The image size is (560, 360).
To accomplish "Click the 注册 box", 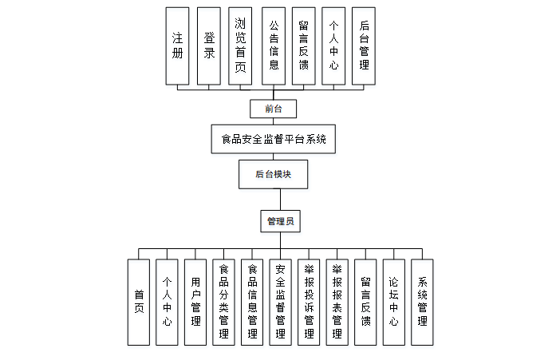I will pyautogui.click(x=177, y=45).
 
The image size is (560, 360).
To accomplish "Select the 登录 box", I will pyautogui.click(x=208, y=45).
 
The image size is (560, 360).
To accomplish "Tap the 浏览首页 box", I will pyautogui.click(x=240, y=45).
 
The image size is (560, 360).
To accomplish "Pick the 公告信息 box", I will pyautogui.click(x=273, y=45).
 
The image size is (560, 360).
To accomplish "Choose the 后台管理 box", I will pyautogui.click(x=364, y=45).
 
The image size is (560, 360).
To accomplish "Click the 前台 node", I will pyautogui.click(x=273, y=107).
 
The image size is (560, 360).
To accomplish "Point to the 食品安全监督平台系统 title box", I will pyautogui.click(x=274, y=139).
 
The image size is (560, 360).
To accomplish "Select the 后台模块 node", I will pyautogui.click(x=273, y=173).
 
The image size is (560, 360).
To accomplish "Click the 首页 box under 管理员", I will pyautogui.click(x=139, y=302).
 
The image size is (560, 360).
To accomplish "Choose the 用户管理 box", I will pyautogui.click(x=195, y=302).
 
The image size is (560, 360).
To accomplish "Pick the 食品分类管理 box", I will pyautogui.click(x=223, y=302).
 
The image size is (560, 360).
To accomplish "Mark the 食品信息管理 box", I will pyautogui.click(x=252, y=302).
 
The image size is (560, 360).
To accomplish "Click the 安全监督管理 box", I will pyautogui.click(x=280, y=302).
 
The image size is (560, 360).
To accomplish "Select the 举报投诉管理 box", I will pyautogui.click(x=309, y=302).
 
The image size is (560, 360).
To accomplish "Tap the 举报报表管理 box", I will pyautogui.click(x=337, y=302).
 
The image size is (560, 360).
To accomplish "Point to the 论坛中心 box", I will pyautogui.click(x=393, y=302).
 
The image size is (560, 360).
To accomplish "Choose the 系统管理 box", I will pyautogui.click(x=422, y=302).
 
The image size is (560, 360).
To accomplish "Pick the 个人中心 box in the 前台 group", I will pyautogui.click(x=333, y=45).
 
